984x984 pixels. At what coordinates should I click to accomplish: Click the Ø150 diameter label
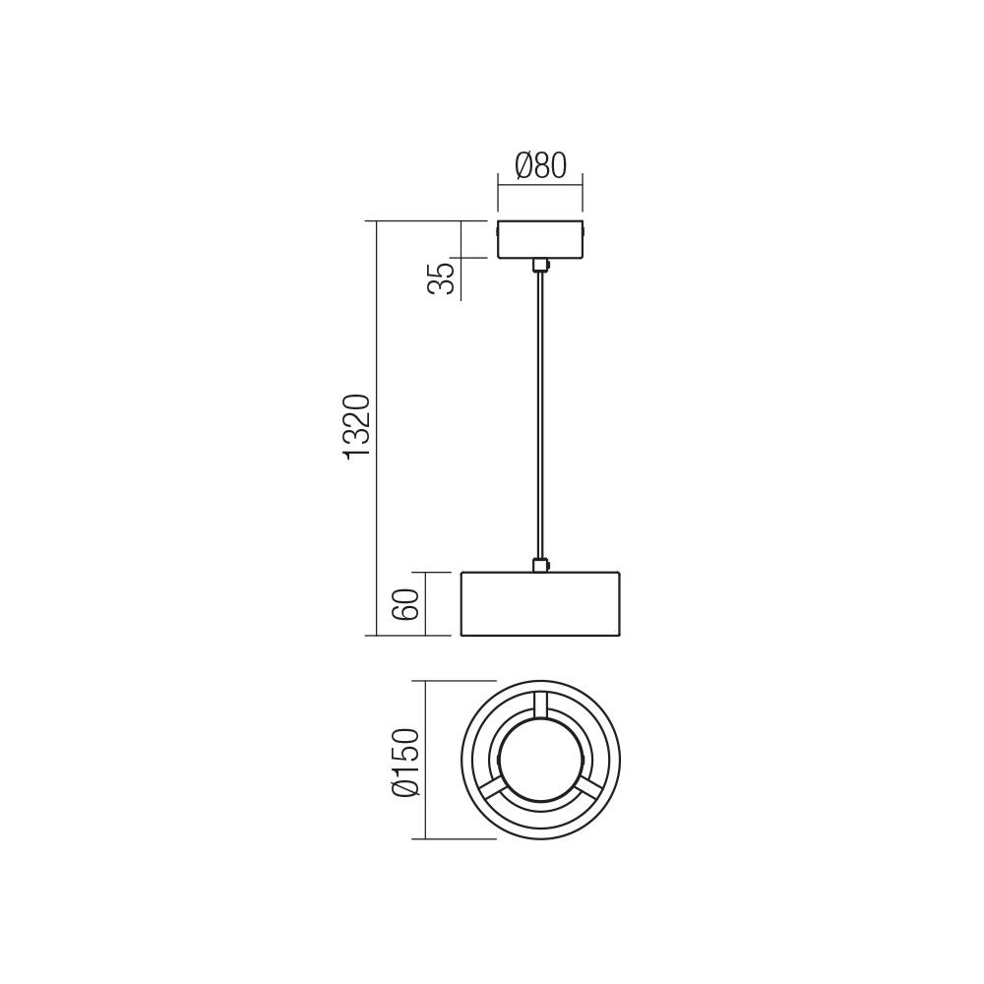pos(404,762)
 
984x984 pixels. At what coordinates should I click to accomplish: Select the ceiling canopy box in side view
pos(540,239)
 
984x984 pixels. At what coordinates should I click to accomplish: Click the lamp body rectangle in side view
pos(540,604)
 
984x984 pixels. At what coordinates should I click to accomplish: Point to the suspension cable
pos(540,413)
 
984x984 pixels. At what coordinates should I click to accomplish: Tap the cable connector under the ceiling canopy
pos(540,265)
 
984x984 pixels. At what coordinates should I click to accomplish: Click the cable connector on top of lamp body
pos(540,565)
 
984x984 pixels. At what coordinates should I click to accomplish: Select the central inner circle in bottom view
pos(540,760)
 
